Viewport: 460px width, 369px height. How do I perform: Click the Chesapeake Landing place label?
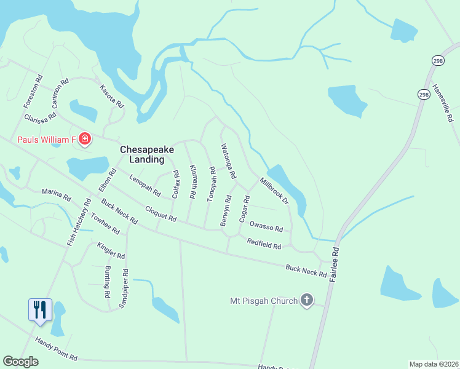(x=142, y=154)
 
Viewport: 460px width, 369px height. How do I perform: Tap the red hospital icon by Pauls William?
(x=85, y=140)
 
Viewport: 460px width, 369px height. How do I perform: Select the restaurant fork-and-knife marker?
(x=41, y=309)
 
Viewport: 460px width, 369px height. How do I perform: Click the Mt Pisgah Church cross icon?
(x=306, y=301)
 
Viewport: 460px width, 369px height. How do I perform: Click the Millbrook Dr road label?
(x=274, y=191)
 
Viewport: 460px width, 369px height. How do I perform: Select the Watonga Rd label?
(x=229, y=161)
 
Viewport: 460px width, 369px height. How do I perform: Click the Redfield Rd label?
(x=264, y=244)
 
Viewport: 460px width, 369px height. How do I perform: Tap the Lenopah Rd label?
(x=145, y=186)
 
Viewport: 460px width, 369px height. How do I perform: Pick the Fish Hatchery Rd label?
(x=79, y=222)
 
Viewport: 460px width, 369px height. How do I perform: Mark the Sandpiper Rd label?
(x=125, y=288)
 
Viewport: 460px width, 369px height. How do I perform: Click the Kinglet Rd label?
(x=111, y=250)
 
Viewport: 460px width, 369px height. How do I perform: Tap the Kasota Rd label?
(x=113, y=97)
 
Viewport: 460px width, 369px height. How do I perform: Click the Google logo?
(x=21, y=362)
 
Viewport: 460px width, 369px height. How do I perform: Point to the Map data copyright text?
(x=434, y=363)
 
